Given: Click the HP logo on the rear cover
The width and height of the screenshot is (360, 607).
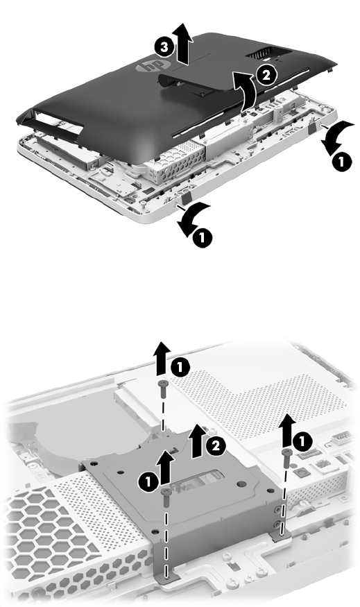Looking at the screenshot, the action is (148, 67).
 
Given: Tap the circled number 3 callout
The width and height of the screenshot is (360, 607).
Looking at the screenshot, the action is (164, 47).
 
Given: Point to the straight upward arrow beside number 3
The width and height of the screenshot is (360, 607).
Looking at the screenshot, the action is (183, 42).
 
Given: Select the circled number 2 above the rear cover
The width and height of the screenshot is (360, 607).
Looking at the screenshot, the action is (266, 74).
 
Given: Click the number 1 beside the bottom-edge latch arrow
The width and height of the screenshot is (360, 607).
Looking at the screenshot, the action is (202, 237).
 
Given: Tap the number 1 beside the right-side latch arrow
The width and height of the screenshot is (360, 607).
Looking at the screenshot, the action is (341, 161).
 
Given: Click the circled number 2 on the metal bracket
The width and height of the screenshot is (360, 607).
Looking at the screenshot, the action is (216, 445).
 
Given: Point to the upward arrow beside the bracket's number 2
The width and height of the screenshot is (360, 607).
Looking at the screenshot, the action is (199, 441).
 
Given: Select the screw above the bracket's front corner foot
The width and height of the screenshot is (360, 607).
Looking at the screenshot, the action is (166, 497).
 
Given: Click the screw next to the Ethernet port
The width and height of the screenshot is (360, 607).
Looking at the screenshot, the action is (286, 458).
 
